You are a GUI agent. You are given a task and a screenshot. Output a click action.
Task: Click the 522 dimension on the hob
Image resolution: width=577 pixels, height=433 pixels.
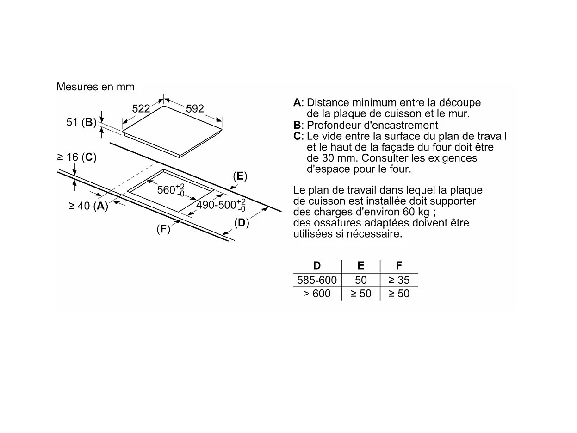click(141, 108)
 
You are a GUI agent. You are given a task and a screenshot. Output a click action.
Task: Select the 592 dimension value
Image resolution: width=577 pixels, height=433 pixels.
click(195, 108)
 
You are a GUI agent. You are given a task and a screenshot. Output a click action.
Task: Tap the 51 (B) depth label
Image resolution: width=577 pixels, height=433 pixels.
click(81, 122)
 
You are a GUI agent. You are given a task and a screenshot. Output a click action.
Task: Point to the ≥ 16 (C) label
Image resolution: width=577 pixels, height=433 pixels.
click(76, 157)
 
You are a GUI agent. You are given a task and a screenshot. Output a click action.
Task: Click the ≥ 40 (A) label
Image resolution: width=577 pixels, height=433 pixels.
click(88, 206)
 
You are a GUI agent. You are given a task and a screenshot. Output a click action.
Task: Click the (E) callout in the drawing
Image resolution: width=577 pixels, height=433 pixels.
click(240, 176)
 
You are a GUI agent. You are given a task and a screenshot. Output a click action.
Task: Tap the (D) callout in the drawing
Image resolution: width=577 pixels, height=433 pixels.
click(242, 223)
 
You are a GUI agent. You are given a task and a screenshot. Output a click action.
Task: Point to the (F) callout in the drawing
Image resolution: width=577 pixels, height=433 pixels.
click(163, 229)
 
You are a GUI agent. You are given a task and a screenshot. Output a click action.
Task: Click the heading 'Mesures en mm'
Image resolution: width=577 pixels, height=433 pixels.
click(95, 87)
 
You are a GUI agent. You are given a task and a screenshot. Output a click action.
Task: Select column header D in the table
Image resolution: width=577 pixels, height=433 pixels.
click(317, 265)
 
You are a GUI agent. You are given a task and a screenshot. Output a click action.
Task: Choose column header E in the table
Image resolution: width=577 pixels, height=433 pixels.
click(361, 265)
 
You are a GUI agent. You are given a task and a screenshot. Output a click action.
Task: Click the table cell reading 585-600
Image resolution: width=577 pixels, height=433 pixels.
click(317, 280)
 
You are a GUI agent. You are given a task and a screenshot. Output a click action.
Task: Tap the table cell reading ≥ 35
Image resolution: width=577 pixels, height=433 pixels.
click(399, 280)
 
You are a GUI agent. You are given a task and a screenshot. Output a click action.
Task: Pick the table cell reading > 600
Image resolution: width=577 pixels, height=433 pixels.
click(317, 294)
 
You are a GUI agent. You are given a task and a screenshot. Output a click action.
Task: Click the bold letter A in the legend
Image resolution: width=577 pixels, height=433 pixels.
click(297, 102)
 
